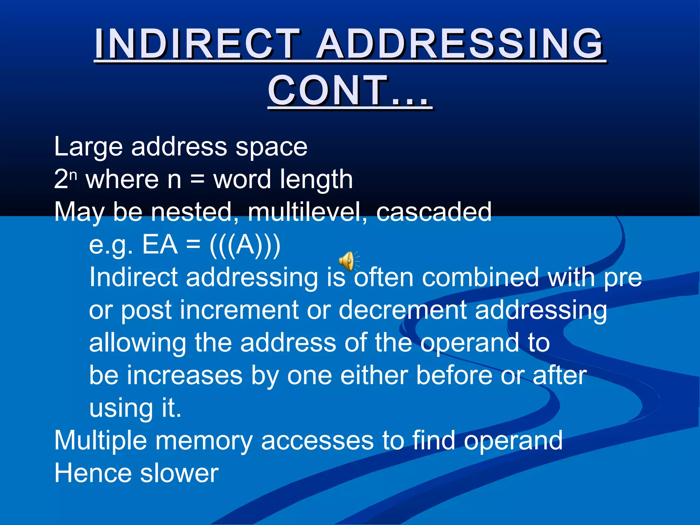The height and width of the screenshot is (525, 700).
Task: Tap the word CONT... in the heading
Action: (x=349, y=91)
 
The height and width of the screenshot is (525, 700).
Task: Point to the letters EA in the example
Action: (x=160, y=245)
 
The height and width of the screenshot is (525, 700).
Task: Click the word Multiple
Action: (x=101, y=441)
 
